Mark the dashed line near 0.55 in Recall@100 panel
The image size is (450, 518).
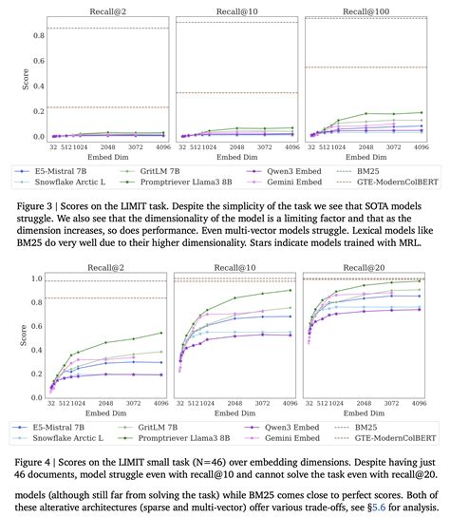366,67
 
